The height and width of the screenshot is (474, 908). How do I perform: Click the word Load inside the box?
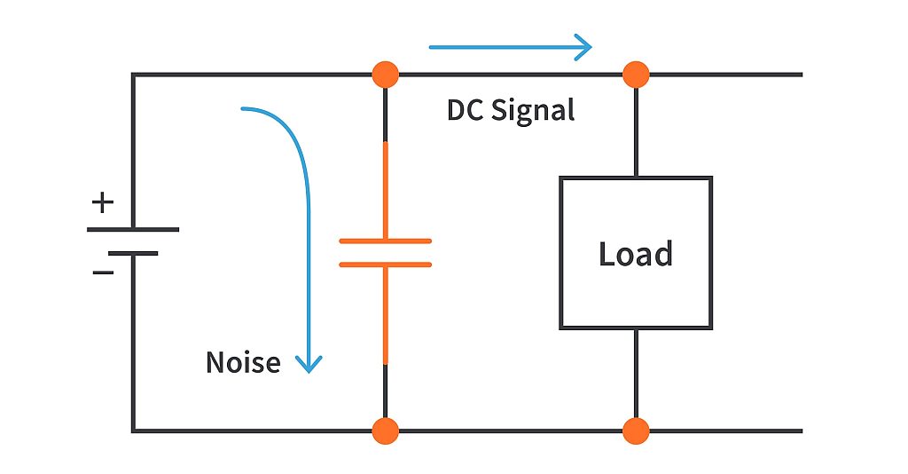(635, 254)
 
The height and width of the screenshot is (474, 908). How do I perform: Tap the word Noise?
(243, 362)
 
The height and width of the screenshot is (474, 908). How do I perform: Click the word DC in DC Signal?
(466, 110)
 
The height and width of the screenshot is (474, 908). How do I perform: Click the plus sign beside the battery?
(103, 202)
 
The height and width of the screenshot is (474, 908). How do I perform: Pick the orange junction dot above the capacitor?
(385, 75)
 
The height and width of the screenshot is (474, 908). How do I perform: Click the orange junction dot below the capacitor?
(385, 431)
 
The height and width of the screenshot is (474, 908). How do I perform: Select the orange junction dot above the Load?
(636, 75)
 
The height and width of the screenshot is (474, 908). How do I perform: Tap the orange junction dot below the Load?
(636, 431)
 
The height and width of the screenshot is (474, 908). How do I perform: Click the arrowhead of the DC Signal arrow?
(584, 46)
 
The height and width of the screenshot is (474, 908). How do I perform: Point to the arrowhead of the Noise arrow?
(309, 364)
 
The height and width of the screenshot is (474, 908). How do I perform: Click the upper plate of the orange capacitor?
(385, 241)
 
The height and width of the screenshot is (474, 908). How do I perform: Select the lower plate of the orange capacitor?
(385, 264)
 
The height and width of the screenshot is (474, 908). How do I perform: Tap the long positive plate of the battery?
(133, 229)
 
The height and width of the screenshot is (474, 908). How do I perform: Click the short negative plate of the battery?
(133, 253)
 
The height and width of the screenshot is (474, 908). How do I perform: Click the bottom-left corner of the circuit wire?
(134, 431)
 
